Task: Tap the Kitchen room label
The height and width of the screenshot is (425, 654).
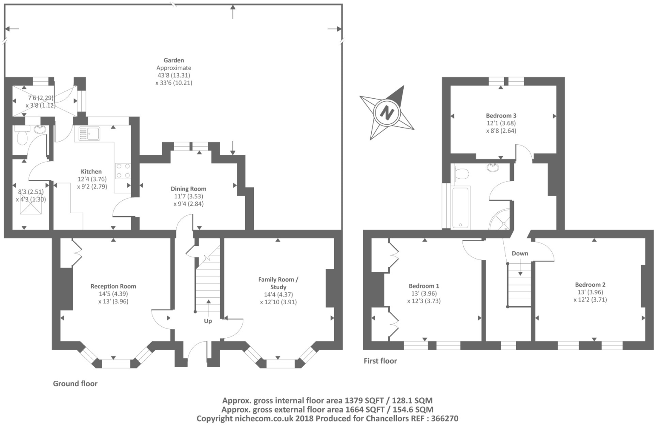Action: (91, 171)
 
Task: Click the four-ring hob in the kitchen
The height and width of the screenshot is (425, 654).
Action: (123, 171)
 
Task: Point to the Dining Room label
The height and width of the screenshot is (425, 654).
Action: (188, 188)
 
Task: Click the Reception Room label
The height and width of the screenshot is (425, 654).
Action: (113, 286)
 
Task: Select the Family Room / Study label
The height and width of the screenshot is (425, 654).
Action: (278, 283)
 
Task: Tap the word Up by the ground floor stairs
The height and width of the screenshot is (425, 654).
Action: (208, 321)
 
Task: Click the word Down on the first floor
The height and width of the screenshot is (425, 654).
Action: (519, 253)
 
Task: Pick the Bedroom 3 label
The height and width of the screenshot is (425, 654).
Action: (501, 115)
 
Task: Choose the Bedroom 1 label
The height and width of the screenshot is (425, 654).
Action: (424, 286)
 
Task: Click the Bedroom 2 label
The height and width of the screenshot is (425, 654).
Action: (590, 285)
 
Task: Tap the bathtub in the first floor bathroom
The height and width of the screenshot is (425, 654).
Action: (460, 207)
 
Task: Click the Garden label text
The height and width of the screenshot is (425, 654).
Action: (174, 60)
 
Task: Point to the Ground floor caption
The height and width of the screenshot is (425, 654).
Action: (75, 383)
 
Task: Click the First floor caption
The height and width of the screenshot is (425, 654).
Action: (380, 361)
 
